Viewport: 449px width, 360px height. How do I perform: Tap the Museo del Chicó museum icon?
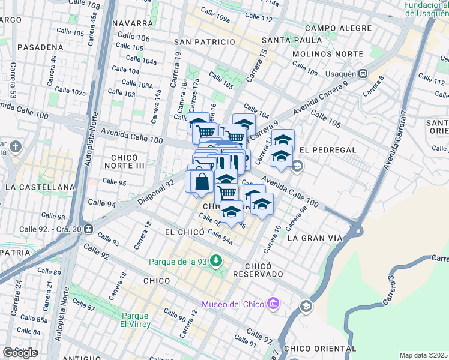(273, 304)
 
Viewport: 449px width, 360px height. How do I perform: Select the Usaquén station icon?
(363, 74)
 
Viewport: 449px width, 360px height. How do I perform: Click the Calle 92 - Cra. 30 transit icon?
(89, 229)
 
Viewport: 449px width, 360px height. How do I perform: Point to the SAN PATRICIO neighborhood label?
(204, 42)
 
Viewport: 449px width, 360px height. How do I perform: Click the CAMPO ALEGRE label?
(334, 28)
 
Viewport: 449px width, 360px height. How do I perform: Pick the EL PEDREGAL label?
(328, 149)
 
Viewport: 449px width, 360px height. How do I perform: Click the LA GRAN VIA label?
(315, 238)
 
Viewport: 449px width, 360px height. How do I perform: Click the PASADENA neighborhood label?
(40, 47)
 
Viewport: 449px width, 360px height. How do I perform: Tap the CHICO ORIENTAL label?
(319, 349)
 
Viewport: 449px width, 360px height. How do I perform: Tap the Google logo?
(20, 353)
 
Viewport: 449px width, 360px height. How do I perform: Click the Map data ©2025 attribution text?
(424, 355)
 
